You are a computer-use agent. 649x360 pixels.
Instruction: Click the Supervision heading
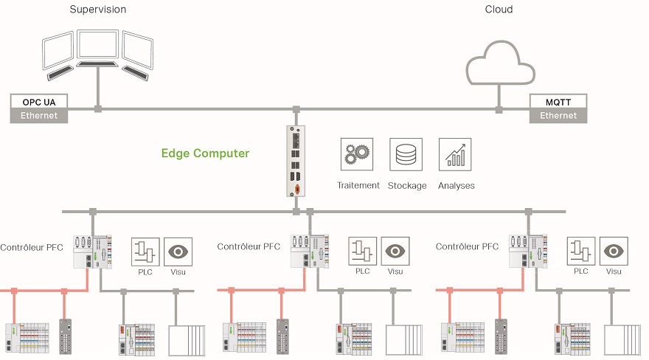point(97,10)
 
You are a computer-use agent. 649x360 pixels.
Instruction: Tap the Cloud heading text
point(499,10)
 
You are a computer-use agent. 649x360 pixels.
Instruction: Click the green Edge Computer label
point(205,153)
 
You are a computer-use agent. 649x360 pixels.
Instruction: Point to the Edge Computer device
point(296,160)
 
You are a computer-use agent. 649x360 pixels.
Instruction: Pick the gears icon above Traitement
point(357,155)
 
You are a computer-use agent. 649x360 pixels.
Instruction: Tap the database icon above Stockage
point(406,155)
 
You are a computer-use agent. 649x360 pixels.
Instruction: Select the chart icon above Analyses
point(455,155)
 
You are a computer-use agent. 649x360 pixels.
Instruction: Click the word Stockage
point(407,186)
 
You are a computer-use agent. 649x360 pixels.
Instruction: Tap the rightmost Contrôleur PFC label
point(468,246)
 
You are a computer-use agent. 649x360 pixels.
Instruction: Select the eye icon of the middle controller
point(396,251)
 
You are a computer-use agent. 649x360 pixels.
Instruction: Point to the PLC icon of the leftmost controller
point(145,251)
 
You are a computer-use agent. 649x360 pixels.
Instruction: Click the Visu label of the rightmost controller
point(614,271)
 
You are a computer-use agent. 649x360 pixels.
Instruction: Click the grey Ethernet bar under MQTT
point(558,116)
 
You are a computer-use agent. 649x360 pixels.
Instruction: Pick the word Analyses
point(456,186)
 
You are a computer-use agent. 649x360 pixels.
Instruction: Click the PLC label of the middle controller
point(363,271)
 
